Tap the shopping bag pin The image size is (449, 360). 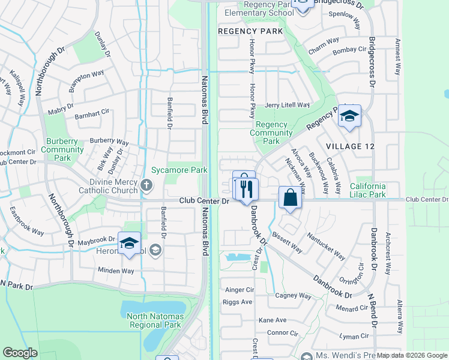click(290, 197)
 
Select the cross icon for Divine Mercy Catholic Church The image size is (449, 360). click(148, 186)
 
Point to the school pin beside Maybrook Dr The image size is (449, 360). click(129, 243)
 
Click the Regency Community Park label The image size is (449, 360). click(271, 133)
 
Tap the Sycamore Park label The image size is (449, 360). click(179, 170)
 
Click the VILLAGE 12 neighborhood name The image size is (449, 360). click(354, 146)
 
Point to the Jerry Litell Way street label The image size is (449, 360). click(287, 104)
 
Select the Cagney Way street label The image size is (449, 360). click(293, 296)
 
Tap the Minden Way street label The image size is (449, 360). click(116, 271)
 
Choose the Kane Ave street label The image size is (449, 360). click(273, 320)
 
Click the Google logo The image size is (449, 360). click(20, 353)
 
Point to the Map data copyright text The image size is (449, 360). click(412, 355)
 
